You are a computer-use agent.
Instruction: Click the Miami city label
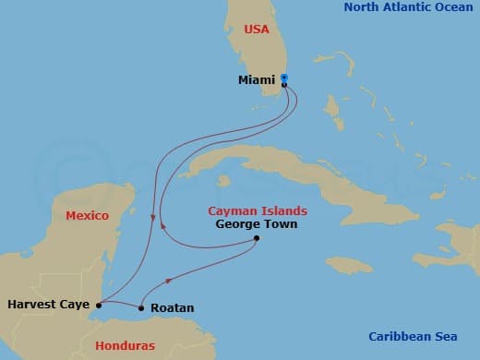point(256,80)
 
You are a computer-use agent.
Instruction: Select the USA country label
point(257,30)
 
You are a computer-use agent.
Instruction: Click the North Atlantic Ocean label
point(408,7)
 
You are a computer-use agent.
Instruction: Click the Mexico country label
point(87,215)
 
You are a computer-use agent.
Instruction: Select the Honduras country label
point(126,346)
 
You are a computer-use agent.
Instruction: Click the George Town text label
point(256,223)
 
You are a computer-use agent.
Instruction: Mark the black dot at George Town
point(257,239)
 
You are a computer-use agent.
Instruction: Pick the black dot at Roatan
point(141,308)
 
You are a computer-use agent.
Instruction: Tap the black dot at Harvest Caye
point(98,304)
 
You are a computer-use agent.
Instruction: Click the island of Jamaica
point(346,266)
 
